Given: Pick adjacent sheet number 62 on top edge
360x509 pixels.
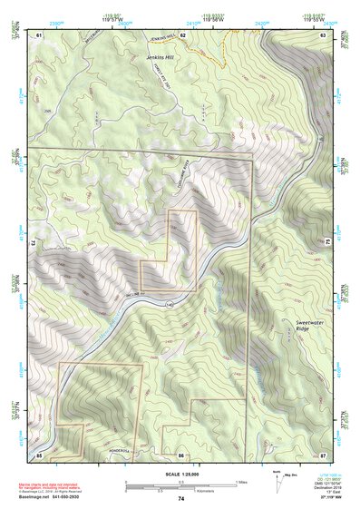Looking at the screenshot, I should click(x=182, y=34).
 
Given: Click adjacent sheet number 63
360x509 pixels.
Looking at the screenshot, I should click(x=324, y=34).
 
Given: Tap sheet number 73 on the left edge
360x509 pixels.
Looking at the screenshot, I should click(x=32, y=243).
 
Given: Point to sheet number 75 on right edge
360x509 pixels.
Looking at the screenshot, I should click(x=327, y=240).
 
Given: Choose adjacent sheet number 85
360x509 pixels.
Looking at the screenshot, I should click(x=39, y=454).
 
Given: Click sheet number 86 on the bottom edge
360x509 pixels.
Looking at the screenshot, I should click(x=181, y=454).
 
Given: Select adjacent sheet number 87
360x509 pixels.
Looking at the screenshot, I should click(x=324, y=454).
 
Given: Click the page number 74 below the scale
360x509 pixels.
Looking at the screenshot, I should click(x=181, y=499).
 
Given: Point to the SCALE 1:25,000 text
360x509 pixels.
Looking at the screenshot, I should click(x=180, y=473).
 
